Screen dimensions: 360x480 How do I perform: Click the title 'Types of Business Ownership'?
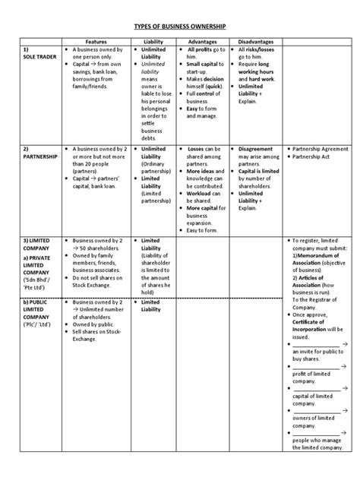pos(180,25)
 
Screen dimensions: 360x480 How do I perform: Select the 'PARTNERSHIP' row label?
pos(39,159)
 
